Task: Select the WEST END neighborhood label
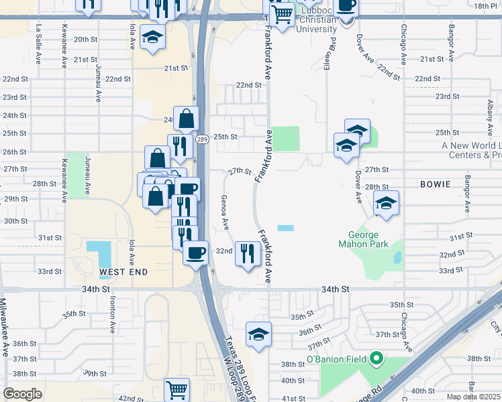point(123,273)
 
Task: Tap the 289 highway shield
point(201,139)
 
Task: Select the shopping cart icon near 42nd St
point(177,389)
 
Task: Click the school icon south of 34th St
point(258,333)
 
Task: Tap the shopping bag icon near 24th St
point(187,119)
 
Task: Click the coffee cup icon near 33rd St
point(195,253)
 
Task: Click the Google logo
point(22,394)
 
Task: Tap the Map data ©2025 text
point(472,397)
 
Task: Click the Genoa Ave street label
point(225,210)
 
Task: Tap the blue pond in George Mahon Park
point(398,257)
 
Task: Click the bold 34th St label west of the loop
point(95,289)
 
